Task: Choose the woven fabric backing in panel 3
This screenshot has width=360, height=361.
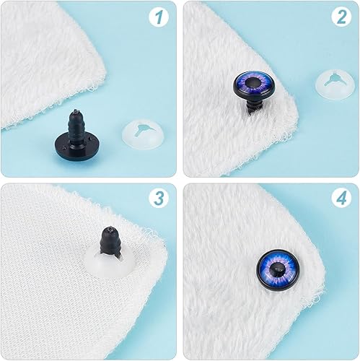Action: pyautogui.click(x=43, y=289)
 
